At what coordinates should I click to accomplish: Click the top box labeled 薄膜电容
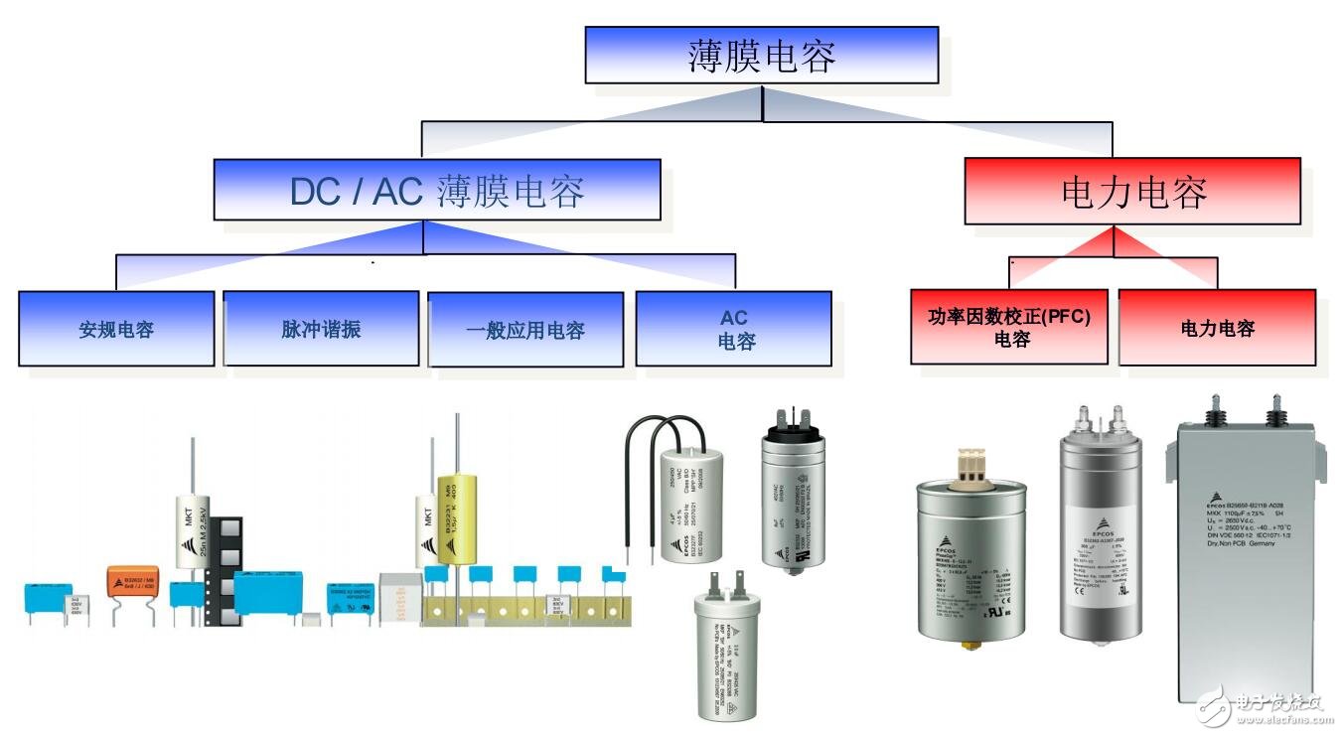(x=761, y=55)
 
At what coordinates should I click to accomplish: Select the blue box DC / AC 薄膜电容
(x=436, y=190)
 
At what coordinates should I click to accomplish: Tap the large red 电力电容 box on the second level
(x=1131, y=191)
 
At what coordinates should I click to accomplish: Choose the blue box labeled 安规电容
(x=116, y=329)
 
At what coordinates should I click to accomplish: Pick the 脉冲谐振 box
(x=321, y=329)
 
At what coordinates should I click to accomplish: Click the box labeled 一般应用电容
(x=525, y=329)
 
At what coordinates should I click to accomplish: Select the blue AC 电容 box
(x=733, y=329)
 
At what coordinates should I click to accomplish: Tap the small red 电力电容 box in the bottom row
(x=1217, y=328)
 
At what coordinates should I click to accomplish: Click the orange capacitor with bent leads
(x=132, y=581)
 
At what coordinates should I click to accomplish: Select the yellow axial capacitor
(x=457, y=516)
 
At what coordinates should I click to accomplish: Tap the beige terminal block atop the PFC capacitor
(x=970, y=465)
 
